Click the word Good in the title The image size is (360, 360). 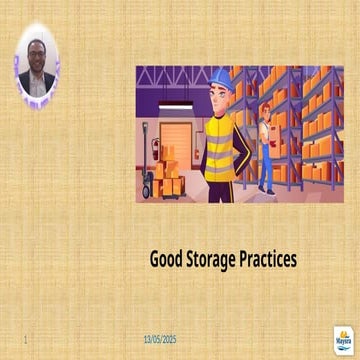pyautogui.click(x=166, y=259)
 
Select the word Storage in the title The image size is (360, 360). pyautogui.click(x=210, y=259)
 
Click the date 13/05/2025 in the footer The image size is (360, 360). pyautogui.click(x=159, y=339)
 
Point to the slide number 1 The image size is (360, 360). pyautogui.click(x=23, y=339)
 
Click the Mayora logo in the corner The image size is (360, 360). pyautogui.click(x=342, y=339)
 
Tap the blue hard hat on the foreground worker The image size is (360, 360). pyautogui.click(x=221, y=79)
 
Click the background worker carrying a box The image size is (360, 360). pyautogui.click(x=265, y=150)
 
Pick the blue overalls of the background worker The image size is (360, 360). pyautogui.click(x=266, y=165)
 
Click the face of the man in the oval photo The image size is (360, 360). pyautogui.click(x=37, y=55)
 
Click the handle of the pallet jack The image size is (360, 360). pyautogui.click(x=146, y=130)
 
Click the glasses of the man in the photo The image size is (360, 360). pyautogui.click(x=37, y=52)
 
